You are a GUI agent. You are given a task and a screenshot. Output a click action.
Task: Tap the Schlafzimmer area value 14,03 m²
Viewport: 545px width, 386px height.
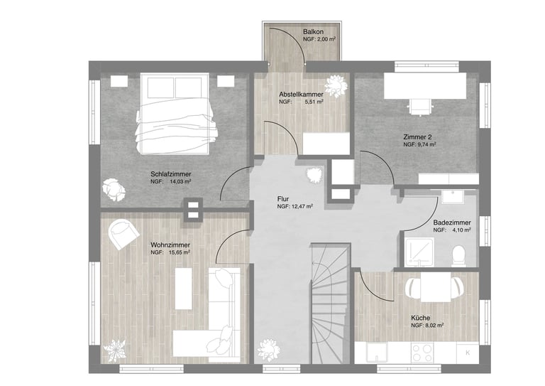180,182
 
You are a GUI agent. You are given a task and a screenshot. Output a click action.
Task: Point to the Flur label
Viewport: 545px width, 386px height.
283,199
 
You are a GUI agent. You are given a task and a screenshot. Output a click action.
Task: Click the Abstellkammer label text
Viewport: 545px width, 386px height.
301,95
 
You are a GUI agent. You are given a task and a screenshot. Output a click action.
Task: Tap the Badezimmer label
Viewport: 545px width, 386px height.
452,223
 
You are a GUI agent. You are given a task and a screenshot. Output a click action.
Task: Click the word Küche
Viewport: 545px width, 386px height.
421,318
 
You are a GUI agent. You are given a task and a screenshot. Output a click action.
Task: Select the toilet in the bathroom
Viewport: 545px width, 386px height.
459,256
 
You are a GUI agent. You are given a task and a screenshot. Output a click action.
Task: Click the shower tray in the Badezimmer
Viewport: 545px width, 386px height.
419,252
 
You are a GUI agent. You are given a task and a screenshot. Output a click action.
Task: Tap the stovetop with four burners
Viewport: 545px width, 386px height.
422,353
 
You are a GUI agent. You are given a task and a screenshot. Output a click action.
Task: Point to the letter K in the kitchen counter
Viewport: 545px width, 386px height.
468,353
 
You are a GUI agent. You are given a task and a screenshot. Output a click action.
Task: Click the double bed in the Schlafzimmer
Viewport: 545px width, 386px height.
175,113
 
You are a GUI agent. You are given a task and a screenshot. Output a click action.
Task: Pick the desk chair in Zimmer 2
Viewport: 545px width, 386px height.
420,107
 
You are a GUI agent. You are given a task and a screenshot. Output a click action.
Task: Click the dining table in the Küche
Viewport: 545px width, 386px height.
436,286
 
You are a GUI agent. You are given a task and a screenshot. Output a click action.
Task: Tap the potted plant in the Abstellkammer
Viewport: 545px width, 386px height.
336,85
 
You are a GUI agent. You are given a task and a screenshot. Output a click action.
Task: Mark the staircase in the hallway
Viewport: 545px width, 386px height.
330,304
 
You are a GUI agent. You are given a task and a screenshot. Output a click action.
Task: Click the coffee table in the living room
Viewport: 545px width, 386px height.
184,288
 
